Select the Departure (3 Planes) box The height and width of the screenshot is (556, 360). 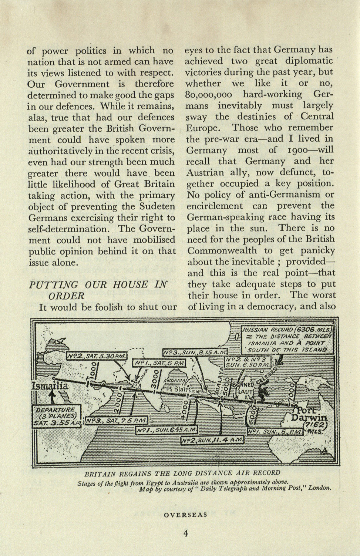click(x=57, y=416)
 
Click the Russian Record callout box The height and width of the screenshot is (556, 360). click(x=287, y=340)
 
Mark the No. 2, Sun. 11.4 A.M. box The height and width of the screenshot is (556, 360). click(x=212, y=440)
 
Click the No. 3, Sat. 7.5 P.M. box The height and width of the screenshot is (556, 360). click(x=116, y=421)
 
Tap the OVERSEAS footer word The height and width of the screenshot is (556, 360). click(x=185, y=514)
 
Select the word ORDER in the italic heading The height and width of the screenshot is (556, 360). click(x=66, y=296)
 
